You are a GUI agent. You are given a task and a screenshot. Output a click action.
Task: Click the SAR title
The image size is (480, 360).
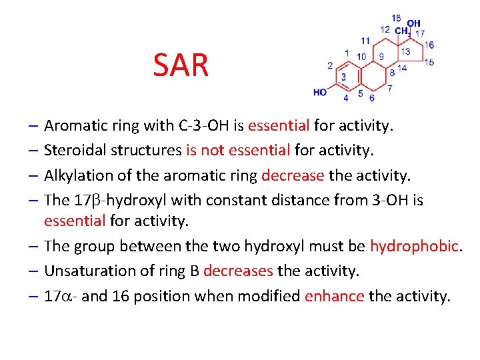pos(181,65)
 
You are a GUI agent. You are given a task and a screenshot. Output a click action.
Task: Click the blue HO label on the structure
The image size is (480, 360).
pos(320,92)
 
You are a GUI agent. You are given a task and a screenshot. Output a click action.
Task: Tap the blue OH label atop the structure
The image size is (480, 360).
pos(414,23)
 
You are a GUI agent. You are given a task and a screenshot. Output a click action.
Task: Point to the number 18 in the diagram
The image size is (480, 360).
pos(396,18)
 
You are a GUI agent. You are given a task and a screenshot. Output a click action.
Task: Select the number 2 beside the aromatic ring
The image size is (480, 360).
pos(329,65)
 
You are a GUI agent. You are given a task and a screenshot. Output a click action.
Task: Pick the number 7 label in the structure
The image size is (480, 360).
pos(390,87)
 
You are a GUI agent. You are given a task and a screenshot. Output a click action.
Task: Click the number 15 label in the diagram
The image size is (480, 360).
pos(429,62)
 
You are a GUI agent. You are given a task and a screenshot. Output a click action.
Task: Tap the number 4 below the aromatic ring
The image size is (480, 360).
pos(345,98)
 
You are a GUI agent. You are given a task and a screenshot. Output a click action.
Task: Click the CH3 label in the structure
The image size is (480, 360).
pos(402,31)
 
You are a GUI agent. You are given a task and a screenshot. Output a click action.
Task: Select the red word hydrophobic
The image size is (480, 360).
pos(414,246)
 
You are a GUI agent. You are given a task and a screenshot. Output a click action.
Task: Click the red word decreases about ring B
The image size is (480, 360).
pos(238,271)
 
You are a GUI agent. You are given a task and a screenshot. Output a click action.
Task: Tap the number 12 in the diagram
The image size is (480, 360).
pos(385,29)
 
